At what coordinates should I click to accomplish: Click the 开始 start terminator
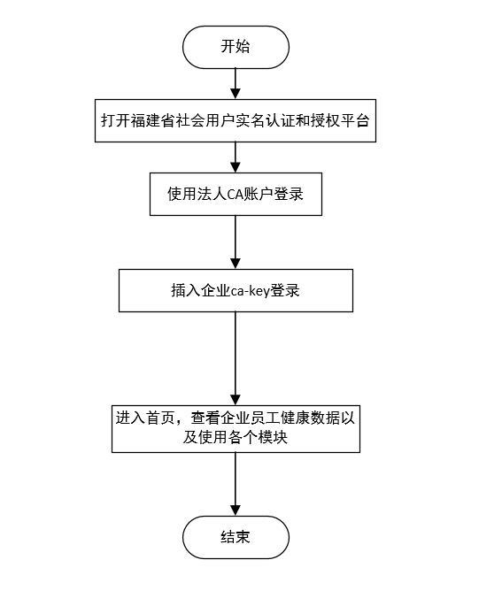(x=236, y=47)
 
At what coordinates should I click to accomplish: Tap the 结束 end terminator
(x=236, y=537)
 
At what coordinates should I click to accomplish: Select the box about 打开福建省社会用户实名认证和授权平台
(x=236, y=120)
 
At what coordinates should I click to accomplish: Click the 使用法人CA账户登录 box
(x=236, y=194)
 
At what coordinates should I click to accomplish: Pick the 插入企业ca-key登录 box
(x=236, y=291)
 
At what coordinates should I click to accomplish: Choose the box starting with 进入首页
(x=236, y=428)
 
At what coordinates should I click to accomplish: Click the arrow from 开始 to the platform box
(x=236, y=84)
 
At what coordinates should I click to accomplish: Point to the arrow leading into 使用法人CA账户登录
(x=236, y=157)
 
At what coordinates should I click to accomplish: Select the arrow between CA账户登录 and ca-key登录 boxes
(x=236, y=242)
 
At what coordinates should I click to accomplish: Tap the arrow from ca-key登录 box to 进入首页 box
(x=236, y=358)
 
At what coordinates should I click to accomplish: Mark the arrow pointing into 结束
(x=236, y=484)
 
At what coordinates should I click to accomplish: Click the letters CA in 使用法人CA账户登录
(x=235, y=194)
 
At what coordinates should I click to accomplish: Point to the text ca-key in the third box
(x=250, y=291)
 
